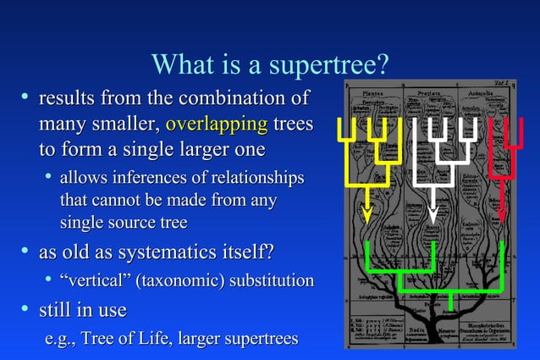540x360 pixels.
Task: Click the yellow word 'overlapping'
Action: [x=216, y=125]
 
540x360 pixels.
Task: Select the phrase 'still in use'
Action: [x=83, y=310]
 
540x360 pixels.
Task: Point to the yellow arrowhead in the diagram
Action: [x=366, y=212]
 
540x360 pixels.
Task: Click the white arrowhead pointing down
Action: [x=433, y=212]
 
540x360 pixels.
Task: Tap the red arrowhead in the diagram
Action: [x=502, y=212]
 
